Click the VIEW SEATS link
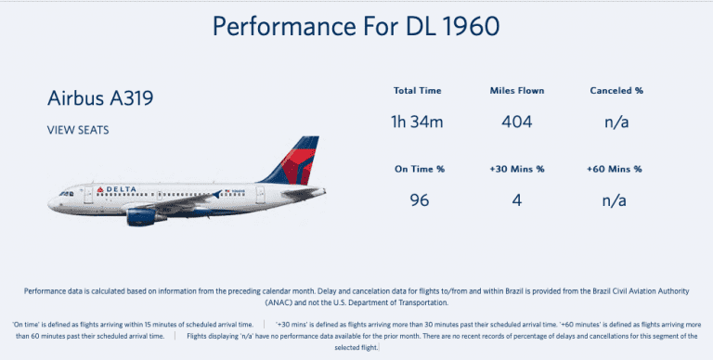point(78,130)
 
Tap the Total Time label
point(417,91)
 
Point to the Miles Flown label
point(516,91)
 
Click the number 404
point(516,121)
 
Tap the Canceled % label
point(615,91)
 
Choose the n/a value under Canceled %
point(615,121)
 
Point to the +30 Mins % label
point(516,169)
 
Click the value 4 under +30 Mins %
point(516,199)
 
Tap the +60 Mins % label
point(615,169)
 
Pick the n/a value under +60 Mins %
point(615,199)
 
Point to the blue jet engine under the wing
point(146,216)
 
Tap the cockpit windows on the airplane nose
point(64,193)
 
